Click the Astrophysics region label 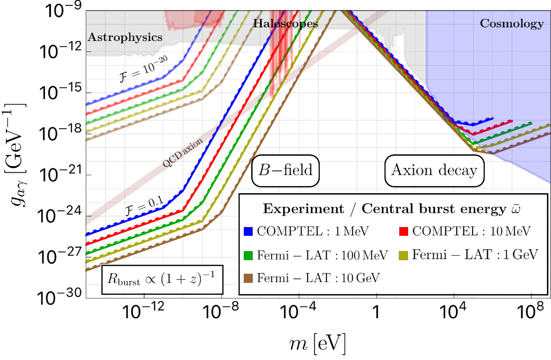[x=125, y=37]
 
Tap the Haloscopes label [x=285, y=24]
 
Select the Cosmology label [x=512, y=24]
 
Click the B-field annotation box [x=285, y=170]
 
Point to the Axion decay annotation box [x=434, y=170]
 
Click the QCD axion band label [x=182, y=153]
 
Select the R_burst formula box [x=161, y=279]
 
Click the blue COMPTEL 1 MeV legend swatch [x=248, y=231]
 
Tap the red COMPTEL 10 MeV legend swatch [x=404, y=231]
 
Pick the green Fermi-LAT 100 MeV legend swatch [x=248, y=255]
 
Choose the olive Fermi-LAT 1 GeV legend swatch [x=404, y=255]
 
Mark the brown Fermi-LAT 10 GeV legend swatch [x=248, y=278]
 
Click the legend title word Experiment [x=303, y=209]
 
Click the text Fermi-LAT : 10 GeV [x=318, y=278]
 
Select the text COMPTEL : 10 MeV [x=471, y=231]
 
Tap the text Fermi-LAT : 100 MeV [x=322, y=255]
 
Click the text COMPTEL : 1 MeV [x=313, y=231]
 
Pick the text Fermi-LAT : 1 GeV [x=475, y=255]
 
